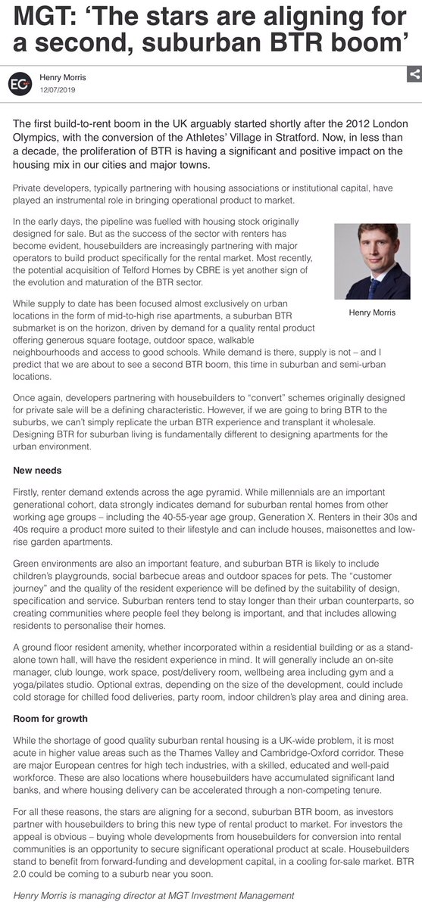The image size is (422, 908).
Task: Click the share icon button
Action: (414, 75)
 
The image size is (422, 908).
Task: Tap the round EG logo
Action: (20, 82)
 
